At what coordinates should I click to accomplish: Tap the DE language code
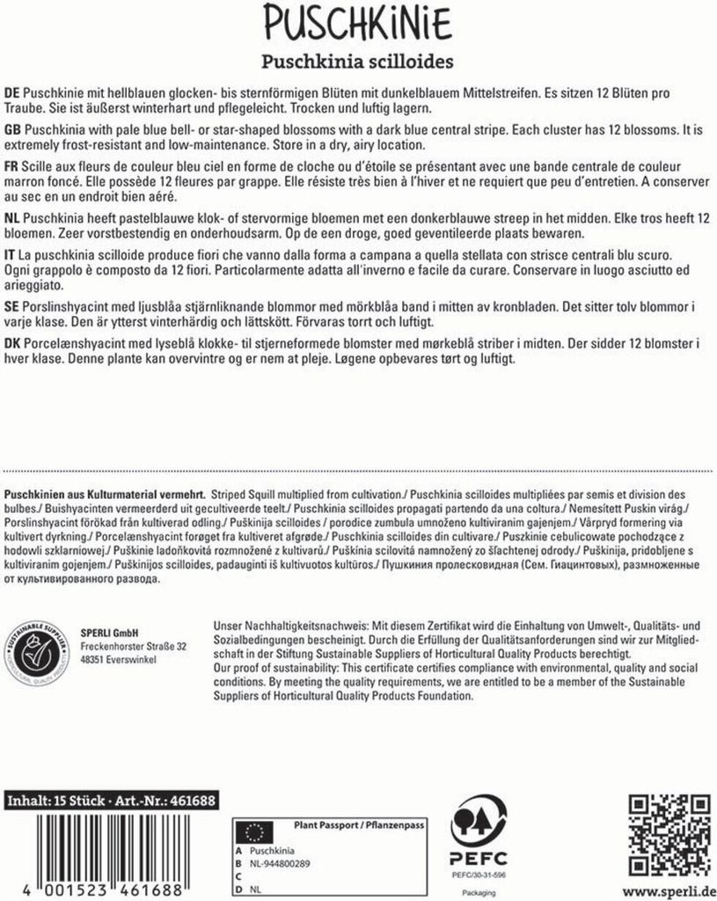pyautogui.click(x=12, y=92)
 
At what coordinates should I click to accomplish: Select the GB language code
pyautogui.click(x=13, y=129)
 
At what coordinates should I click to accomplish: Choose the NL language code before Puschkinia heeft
pyautogui.click(x=13, y=217)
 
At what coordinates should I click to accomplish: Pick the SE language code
pyautogui.click(x=12, y=305)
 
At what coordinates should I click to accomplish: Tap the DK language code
pyautogui.click(x=13, y=342)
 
